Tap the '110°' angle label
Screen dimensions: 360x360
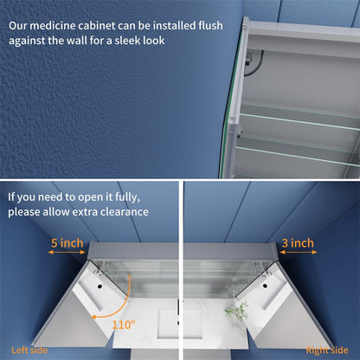124,325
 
